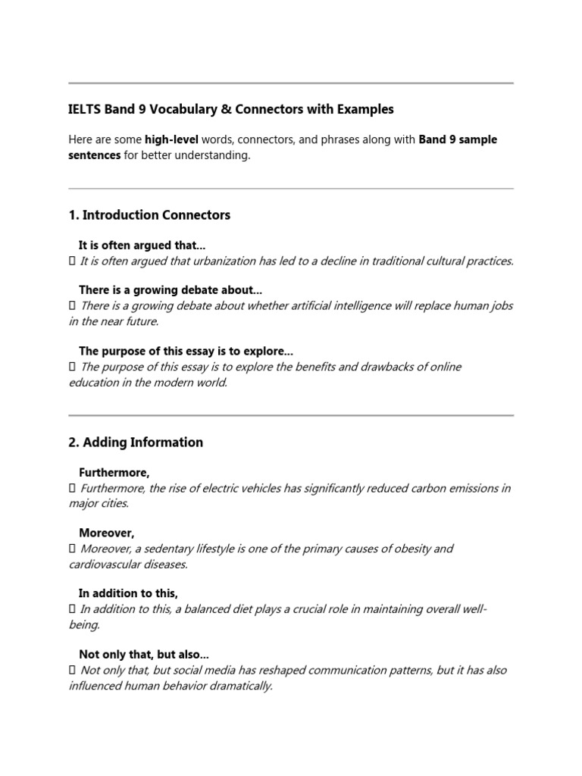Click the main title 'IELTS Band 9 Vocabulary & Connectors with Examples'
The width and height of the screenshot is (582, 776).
point(231,109)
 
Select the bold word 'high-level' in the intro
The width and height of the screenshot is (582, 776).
point(174,140)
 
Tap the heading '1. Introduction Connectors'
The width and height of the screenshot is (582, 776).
point(149,215)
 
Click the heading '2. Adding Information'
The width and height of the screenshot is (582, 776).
point(136,443)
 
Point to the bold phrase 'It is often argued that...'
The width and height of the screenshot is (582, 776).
point(142,246)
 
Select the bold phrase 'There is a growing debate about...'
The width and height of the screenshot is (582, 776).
point(171,290)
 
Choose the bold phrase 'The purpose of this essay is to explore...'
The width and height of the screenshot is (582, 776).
point(186,351)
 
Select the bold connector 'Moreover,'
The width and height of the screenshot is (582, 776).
point(106,533)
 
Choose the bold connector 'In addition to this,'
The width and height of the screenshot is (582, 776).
point(128,593)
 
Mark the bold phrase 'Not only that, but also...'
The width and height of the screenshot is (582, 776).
point(144,654)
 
